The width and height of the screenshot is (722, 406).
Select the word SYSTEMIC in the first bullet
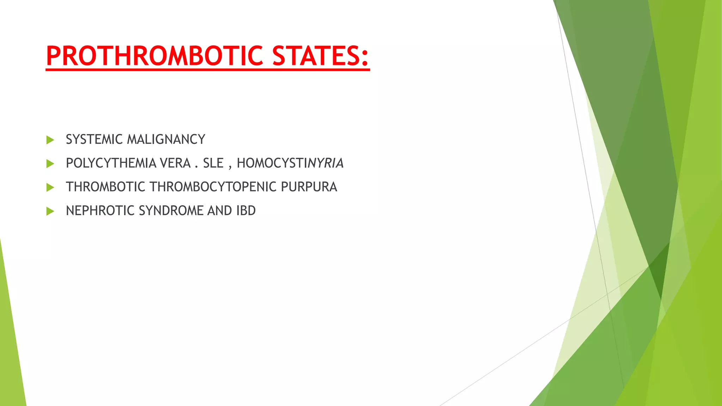coord(94,140)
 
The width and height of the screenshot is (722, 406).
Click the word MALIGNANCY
coord(166,140)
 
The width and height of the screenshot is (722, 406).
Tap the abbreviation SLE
coord(213,163)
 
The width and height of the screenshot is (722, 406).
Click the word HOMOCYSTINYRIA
coord(290,163)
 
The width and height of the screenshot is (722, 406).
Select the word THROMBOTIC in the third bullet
coord(105,187)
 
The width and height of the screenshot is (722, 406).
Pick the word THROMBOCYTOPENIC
coord(213,187)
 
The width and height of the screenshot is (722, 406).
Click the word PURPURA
coord(309,187)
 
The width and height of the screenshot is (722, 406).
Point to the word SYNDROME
coord(171,211)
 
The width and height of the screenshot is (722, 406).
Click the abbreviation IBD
coord(246,211)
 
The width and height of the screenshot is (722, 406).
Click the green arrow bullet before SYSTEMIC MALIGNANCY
coord(50,140)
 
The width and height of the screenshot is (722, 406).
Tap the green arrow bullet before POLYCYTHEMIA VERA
coord(50,164)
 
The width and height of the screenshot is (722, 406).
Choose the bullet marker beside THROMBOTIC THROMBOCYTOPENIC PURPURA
coord(50,187)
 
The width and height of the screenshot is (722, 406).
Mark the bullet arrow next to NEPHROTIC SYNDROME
coord(50,211)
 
